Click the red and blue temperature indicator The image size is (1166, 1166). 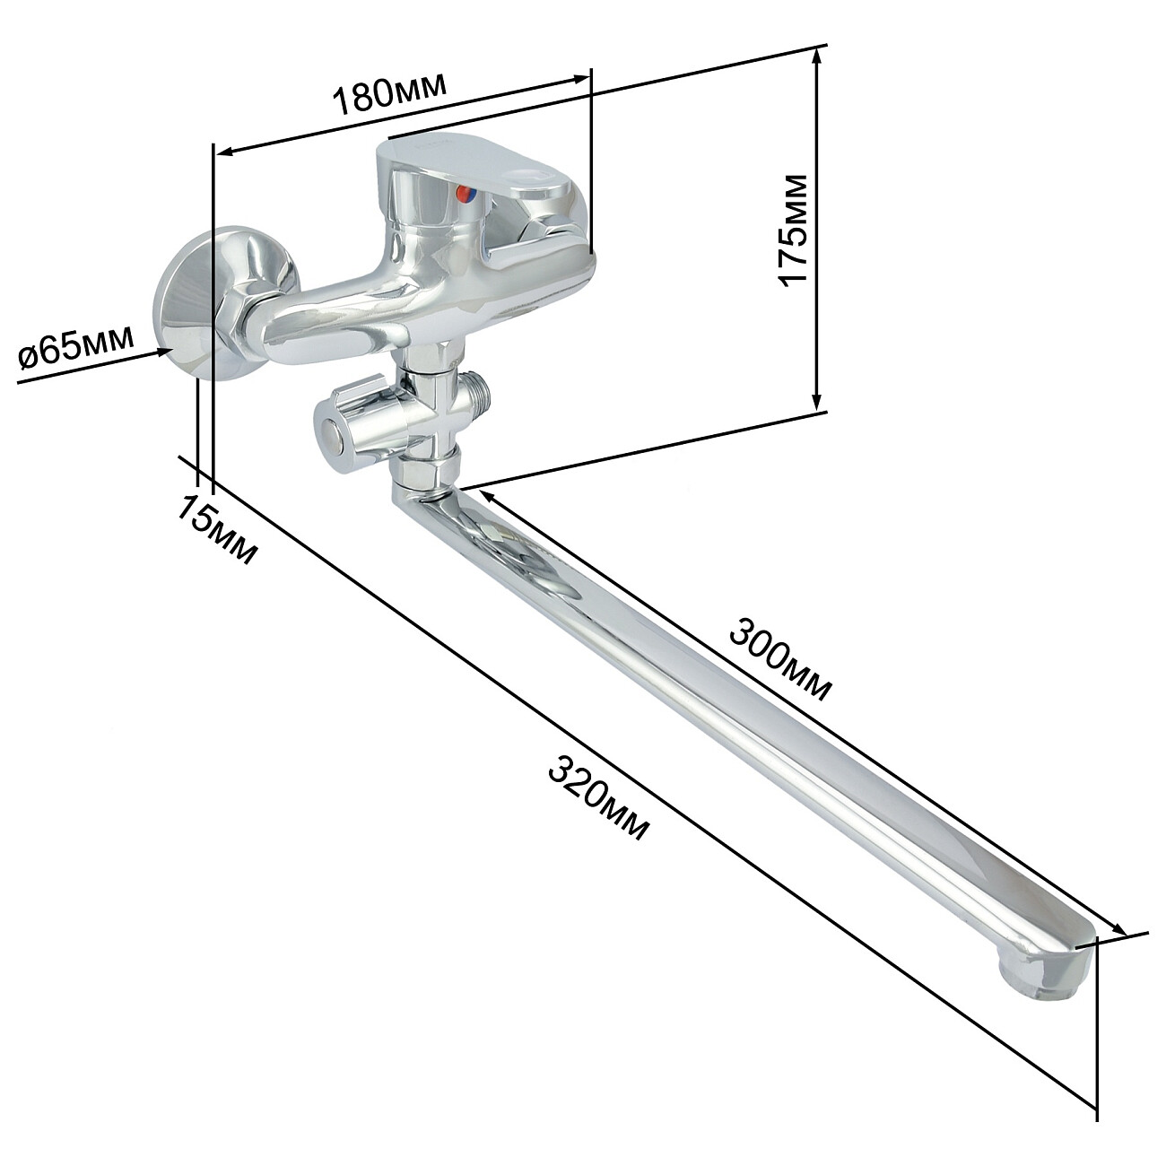tap(466, 195)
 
